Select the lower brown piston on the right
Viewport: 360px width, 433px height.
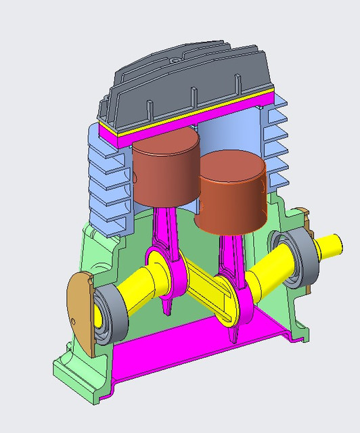click(x=232, y=193)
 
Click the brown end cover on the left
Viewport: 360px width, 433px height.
click(x=80, y=311)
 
